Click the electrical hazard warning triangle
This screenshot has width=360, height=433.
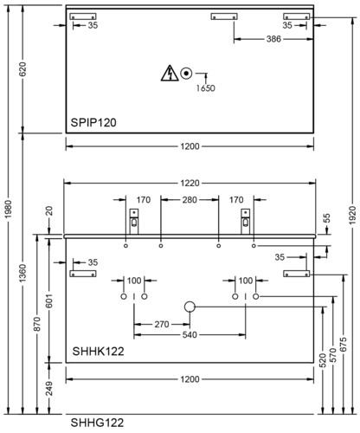tap(170, 73)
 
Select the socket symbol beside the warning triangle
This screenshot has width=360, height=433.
tap(186, 74)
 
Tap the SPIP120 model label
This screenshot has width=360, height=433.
tap(93, 122)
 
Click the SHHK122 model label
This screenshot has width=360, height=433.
tap(98, 352)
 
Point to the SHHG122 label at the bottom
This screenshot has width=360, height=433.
tap(97, 423)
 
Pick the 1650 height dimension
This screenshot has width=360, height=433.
tap(206, 88)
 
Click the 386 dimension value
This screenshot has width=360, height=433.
tap(273, 39)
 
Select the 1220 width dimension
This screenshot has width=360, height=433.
tap(190, 183)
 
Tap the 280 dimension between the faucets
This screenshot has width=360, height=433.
tap(190, 200)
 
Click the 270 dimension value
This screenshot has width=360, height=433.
tap(162, 324)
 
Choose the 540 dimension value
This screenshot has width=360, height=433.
tap(190, 335)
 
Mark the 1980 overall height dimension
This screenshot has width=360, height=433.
tap(10, 210)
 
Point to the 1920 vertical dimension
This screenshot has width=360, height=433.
tap(352, 216)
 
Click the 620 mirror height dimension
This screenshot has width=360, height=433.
tap(22, 69)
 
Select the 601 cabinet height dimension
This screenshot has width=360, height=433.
tap(49, 301)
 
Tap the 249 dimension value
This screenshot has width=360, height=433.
tap(49, 388)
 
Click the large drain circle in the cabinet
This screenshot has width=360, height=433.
tap(190, 307)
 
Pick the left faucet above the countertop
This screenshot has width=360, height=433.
tap(134, 222)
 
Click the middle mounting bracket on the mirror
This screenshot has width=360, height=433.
tap(224, 16)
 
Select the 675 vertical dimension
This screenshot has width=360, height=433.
tap(344, 345)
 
